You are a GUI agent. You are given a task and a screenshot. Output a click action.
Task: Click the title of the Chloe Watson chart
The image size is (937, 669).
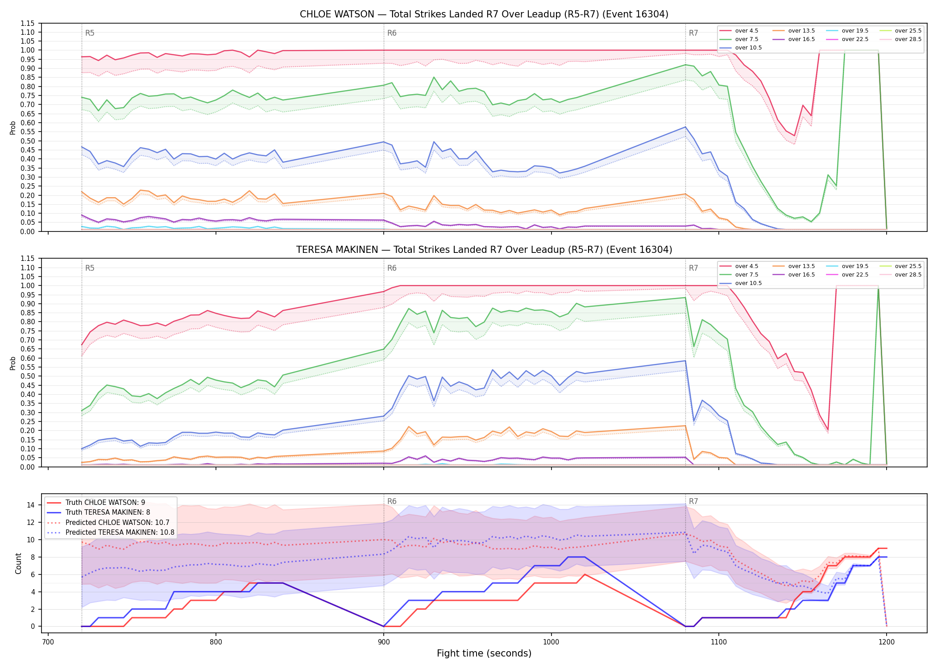coord(484,14)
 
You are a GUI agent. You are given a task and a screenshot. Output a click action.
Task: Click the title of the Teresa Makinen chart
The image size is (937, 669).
coord(484,250)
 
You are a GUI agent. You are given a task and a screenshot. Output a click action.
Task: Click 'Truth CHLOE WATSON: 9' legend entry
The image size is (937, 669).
coord(96,502)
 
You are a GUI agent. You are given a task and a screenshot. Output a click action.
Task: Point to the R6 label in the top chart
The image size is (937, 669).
coord(392,33)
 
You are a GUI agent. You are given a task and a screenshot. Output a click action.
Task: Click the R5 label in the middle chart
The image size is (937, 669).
coord(90,268)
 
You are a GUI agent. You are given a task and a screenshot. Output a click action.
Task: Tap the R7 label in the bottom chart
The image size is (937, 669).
coord(693,501)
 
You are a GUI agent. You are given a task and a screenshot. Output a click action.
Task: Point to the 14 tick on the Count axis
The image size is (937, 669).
coord(31,505)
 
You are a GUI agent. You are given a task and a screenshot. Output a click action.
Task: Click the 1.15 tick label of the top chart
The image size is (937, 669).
coord(28,23)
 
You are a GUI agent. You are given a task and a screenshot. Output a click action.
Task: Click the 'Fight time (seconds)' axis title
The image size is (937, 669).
coord(484,653)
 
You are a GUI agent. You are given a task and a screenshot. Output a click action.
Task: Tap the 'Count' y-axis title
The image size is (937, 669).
coord(18,563)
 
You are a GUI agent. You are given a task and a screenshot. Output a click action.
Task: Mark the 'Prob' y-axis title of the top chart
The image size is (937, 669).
coord(13,128)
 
